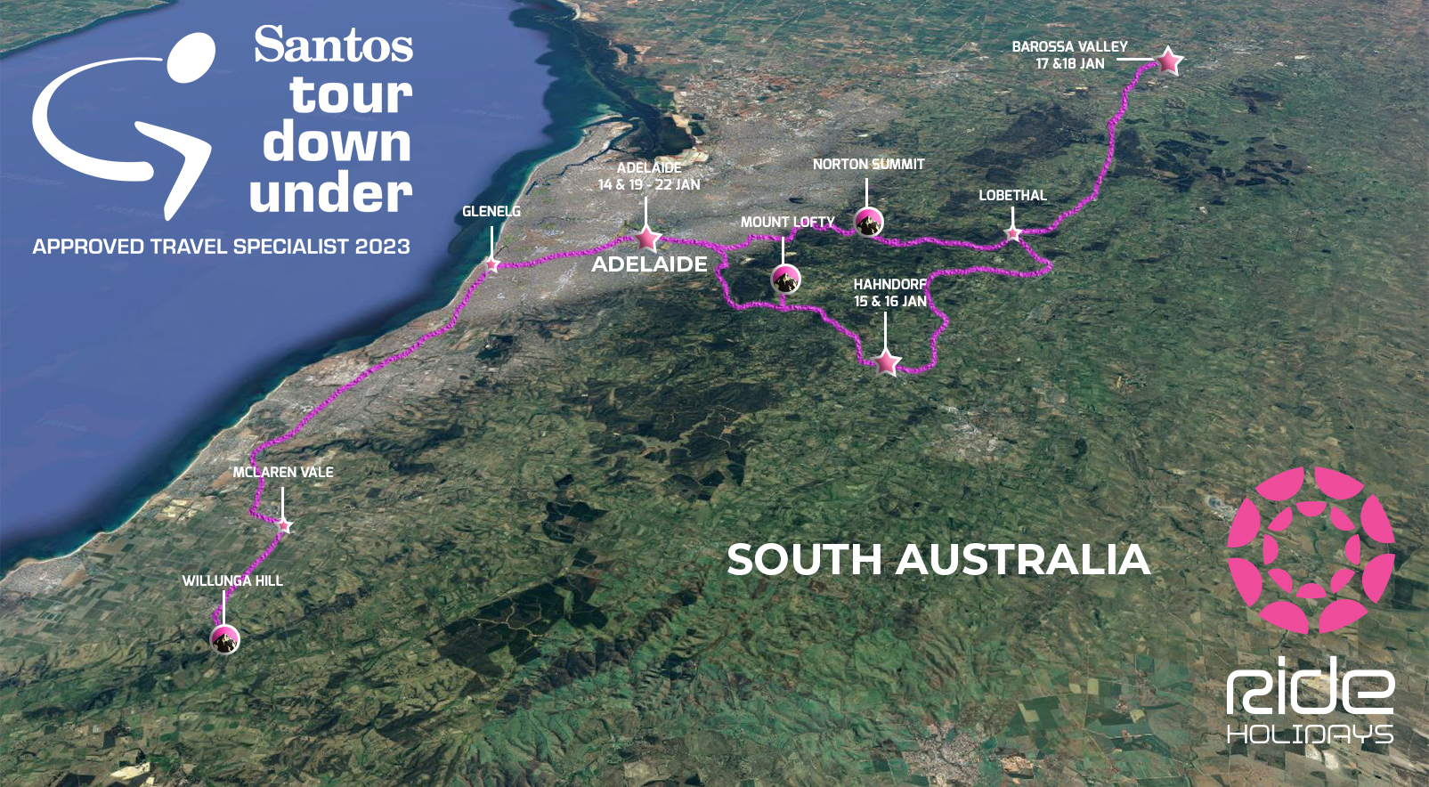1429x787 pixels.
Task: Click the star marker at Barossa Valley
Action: (1169, 61)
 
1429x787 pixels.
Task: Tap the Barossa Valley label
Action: (1069, 46)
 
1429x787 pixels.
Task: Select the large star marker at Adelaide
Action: (647, 238)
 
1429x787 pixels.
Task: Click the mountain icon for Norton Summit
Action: (868, 222)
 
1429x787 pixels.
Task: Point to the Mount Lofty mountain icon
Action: (784, 280)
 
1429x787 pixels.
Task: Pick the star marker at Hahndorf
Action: (887, 361)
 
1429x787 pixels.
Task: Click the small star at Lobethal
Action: (1013, 234)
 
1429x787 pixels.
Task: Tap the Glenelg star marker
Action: (491, 264)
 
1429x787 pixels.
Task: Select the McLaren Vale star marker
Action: (284, 526)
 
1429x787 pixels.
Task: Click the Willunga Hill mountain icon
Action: (224, 638)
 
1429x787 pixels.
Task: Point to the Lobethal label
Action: (1012, 196)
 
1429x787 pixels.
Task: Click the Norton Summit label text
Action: (868, 165)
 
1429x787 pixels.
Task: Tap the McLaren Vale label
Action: (283, 473)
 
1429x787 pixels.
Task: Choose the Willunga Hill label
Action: (232, 581)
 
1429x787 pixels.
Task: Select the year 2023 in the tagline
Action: (382, 247)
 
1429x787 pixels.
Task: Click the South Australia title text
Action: (938, 560)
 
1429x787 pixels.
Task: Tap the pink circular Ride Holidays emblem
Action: (1311, 550)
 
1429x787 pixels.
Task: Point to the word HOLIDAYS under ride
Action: (1310, 734)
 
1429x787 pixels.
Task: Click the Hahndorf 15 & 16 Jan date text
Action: (889, 302)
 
